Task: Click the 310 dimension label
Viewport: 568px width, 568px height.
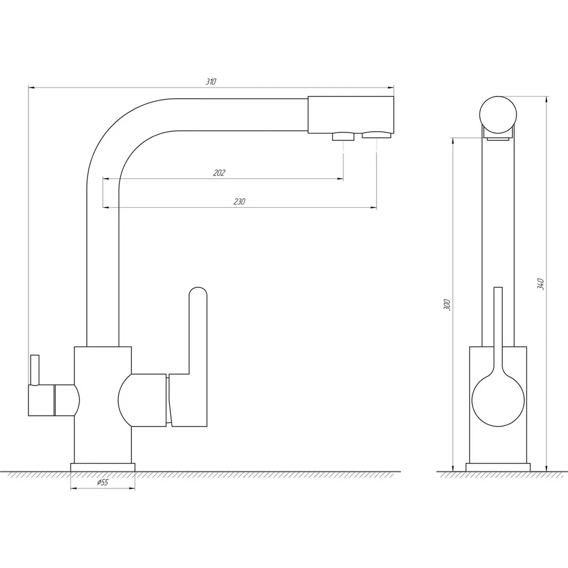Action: pos(211,81)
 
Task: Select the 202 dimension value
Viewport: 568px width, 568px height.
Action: pos(219,173)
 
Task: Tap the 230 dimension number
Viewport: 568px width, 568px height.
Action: pos(240,202)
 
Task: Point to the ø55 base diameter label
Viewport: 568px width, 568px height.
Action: pos(102,482)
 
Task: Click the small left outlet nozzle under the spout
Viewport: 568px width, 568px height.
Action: pos(344,136)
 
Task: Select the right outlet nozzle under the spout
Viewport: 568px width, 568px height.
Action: pos(377,136)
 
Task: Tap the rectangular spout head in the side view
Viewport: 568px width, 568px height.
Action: pos(350,115)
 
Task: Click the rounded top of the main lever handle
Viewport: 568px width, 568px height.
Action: pos(198,291)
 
